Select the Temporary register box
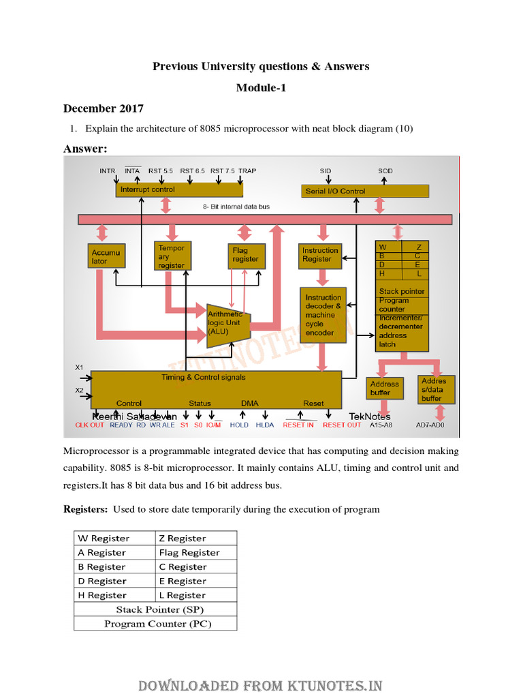[171, 256]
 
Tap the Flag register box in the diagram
[245, 255]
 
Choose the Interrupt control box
[180, 189]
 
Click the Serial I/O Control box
[365, 191]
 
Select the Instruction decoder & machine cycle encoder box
[323, 315]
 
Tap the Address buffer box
[384, 388]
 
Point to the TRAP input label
[247, 171]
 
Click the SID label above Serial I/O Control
[326, 171]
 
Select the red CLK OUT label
[90, 425]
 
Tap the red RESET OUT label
[342, 425]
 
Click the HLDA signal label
[265, 425]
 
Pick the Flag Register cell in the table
[196, 553]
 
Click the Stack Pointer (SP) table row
[155, 609]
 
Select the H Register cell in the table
[115, 595]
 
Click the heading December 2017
[104, 108]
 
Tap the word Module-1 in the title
[261, 88]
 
